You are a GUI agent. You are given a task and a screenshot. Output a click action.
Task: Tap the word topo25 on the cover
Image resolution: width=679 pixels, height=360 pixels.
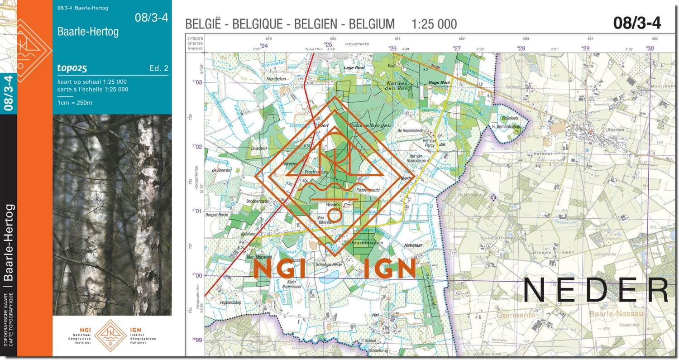point(72,68)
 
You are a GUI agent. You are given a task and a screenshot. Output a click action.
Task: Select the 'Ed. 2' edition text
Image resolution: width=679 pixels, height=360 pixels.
point(158,69)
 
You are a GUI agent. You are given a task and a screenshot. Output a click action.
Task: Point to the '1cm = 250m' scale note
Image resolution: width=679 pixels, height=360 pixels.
point(75,103)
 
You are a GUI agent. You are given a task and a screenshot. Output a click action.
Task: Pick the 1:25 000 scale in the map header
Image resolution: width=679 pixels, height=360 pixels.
point(434,24)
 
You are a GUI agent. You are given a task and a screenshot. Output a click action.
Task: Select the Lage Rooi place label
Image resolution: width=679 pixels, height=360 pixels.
point(354,68)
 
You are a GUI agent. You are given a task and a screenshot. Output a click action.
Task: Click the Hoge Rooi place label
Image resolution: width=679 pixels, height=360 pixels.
point(439,83)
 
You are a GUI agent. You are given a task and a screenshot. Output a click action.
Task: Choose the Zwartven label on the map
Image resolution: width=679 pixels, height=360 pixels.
point(258,148)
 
